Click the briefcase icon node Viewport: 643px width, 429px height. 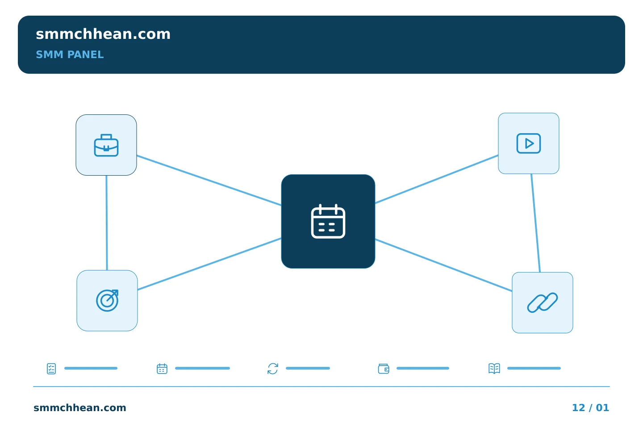[x=106, y=145]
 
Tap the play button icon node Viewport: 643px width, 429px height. [x=529, y=143]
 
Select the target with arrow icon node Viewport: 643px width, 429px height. [x=107, y=301]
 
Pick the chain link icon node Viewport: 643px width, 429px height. [x=542, y=303]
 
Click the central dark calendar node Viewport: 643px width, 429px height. [x=328, y=221]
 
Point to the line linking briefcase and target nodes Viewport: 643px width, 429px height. [x=107, y=223]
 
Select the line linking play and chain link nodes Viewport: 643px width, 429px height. [x=536, y=223]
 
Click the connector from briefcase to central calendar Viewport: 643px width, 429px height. [x=209, y=181]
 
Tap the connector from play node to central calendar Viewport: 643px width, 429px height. [x=437, y=179]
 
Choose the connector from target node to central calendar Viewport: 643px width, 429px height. [x=209, y=264]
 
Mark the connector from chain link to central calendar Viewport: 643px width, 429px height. [x=443, y=265]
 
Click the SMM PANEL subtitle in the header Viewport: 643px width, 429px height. [x=70, y=55]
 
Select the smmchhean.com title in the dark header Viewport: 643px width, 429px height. [x=103, y=34]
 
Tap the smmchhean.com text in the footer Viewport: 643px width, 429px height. [x=80, y=408]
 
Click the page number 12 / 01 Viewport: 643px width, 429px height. [x=590, y=408]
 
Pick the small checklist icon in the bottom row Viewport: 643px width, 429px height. [x=51, y=369]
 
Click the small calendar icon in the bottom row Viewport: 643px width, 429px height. [x=162, y=369]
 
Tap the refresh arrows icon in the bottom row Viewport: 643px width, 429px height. [x=273, y=369]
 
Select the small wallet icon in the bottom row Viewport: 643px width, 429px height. [x=384, y=369]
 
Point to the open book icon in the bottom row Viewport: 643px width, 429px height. [x=494, y=369]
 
